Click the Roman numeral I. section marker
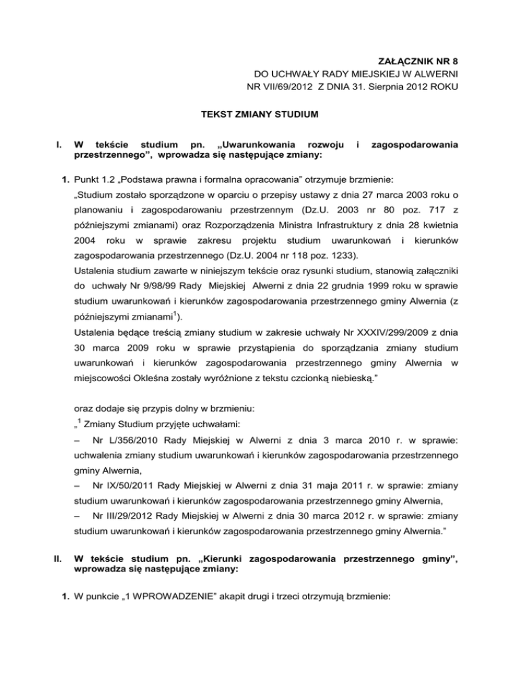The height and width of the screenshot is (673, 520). pyautogui.click(x=44, y=144)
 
